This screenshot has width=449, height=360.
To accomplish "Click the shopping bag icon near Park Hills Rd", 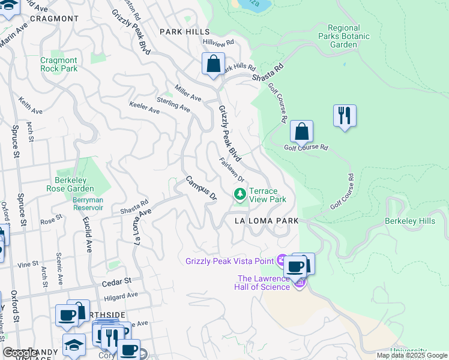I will click(213, 64).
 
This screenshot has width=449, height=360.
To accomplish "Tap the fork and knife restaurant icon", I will click(345, 115).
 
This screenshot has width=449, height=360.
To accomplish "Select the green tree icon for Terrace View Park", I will click(240, 194).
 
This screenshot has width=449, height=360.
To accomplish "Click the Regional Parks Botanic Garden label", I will click(344, 36).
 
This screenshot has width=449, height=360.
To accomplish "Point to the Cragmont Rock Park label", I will click(59, 64).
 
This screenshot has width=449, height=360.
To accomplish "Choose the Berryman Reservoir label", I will click(88, 203).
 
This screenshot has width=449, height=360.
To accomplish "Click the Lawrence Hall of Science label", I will click(264, 282).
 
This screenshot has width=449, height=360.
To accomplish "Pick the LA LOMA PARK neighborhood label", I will click(267, 221).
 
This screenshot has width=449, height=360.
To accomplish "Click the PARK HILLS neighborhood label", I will click(184, 31).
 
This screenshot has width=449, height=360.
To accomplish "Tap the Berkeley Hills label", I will click(410, 221).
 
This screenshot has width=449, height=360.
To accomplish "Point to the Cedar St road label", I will click(116, 281).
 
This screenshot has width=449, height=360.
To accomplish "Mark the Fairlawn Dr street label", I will click(231, 170).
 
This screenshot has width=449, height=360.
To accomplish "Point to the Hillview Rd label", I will click(218, 43).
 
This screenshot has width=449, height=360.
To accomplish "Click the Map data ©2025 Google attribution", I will click(412, 355).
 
